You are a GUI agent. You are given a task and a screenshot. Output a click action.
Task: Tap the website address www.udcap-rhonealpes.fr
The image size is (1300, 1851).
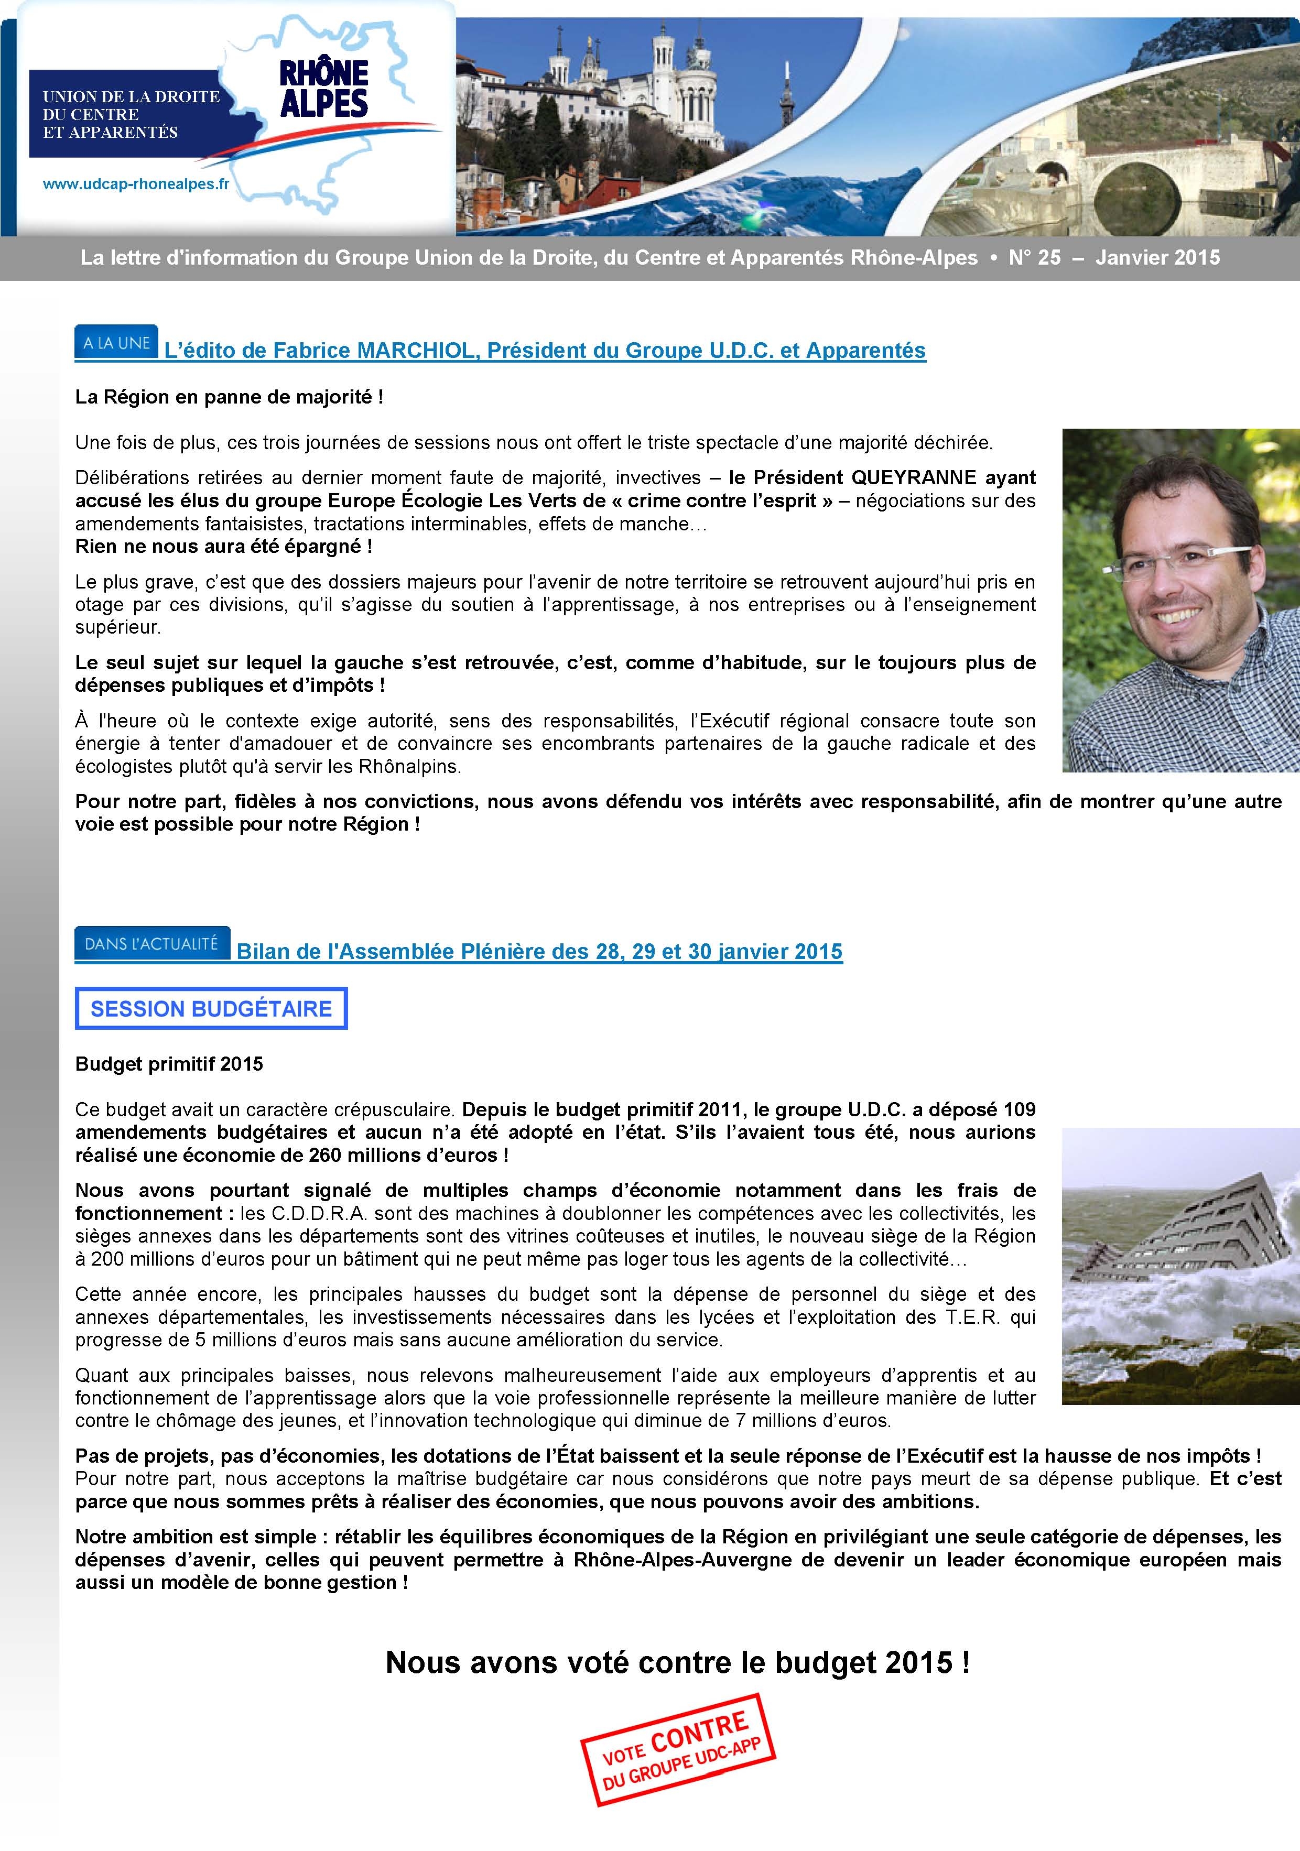pyautogui.click(x=135, y=184)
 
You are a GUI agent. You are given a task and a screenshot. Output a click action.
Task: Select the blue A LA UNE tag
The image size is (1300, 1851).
pyautogui.click(x=116, y=343)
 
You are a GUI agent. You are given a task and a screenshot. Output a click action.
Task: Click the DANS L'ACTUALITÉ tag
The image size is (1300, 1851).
pyautogui.click(x=151, y=943)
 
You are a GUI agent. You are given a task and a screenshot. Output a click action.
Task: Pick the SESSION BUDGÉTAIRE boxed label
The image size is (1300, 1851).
pyautogui.click(x=211, y=1008)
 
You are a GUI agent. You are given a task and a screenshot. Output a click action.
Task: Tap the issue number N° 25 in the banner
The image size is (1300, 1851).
pyautogui.click(x=1035, y=258)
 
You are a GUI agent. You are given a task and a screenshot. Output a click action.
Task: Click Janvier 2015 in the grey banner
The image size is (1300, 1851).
pyautogui.click(x=1157, y=258)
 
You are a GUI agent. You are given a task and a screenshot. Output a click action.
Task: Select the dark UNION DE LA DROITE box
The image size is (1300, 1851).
pyautogui.click(x=125, y=114)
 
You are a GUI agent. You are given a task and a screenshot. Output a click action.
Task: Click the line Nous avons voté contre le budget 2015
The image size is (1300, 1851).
pyautogui.click(x=677, y=1662)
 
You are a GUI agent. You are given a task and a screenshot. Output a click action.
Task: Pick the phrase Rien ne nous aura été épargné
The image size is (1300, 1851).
pyautogui.click(x=223, y=547)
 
